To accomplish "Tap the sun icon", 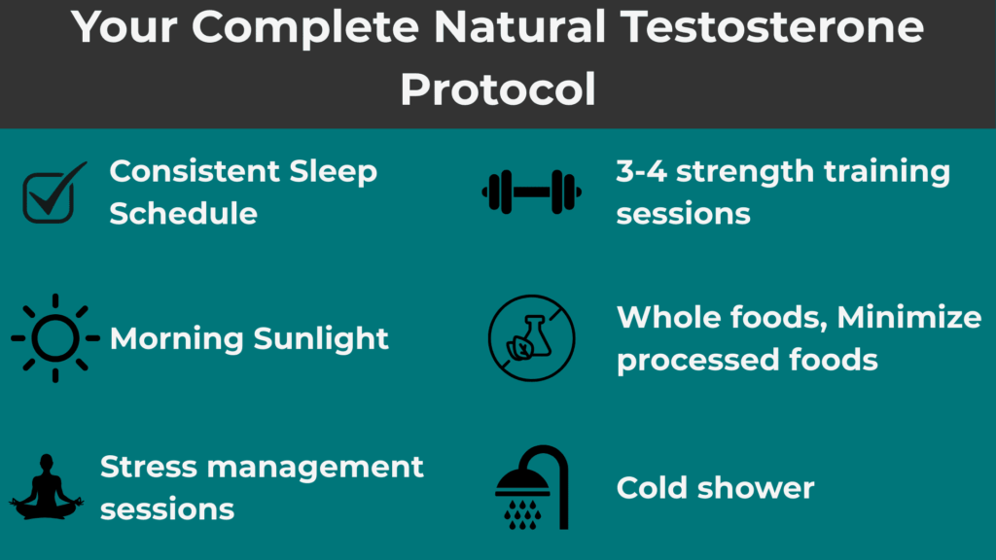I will tap(55, 337).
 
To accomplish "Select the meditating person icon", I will tap(47, 485).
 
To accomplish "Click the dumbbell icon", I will tap(531, 192).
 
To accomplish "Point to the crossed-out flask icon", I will tap(531, 338).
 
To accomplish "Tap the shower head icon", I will tap(532, 487).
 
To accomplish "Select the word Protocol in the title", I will tap(498, 89).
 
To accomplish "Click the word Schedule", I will tap(183, 213).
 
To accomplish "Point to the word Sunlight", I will tap(321, 338).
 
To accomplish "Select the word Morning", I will tap(176, 338).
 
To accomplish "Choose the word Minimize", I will tap(909, 317).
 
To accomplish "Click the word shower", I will tap(758, 487).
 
